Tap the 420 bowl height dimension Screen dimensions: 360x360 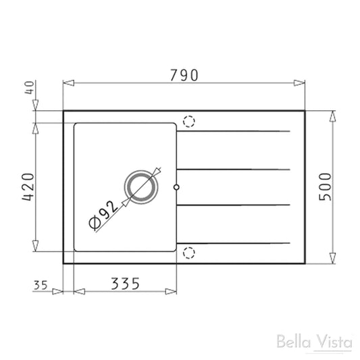coord(28,187)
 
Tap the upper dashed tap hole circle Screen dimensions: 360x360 coord(189,122)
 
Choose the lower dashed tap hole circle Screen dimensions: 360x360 coord(189,253)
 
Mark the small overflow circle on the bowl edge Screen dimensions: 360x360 coord(176,187)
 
